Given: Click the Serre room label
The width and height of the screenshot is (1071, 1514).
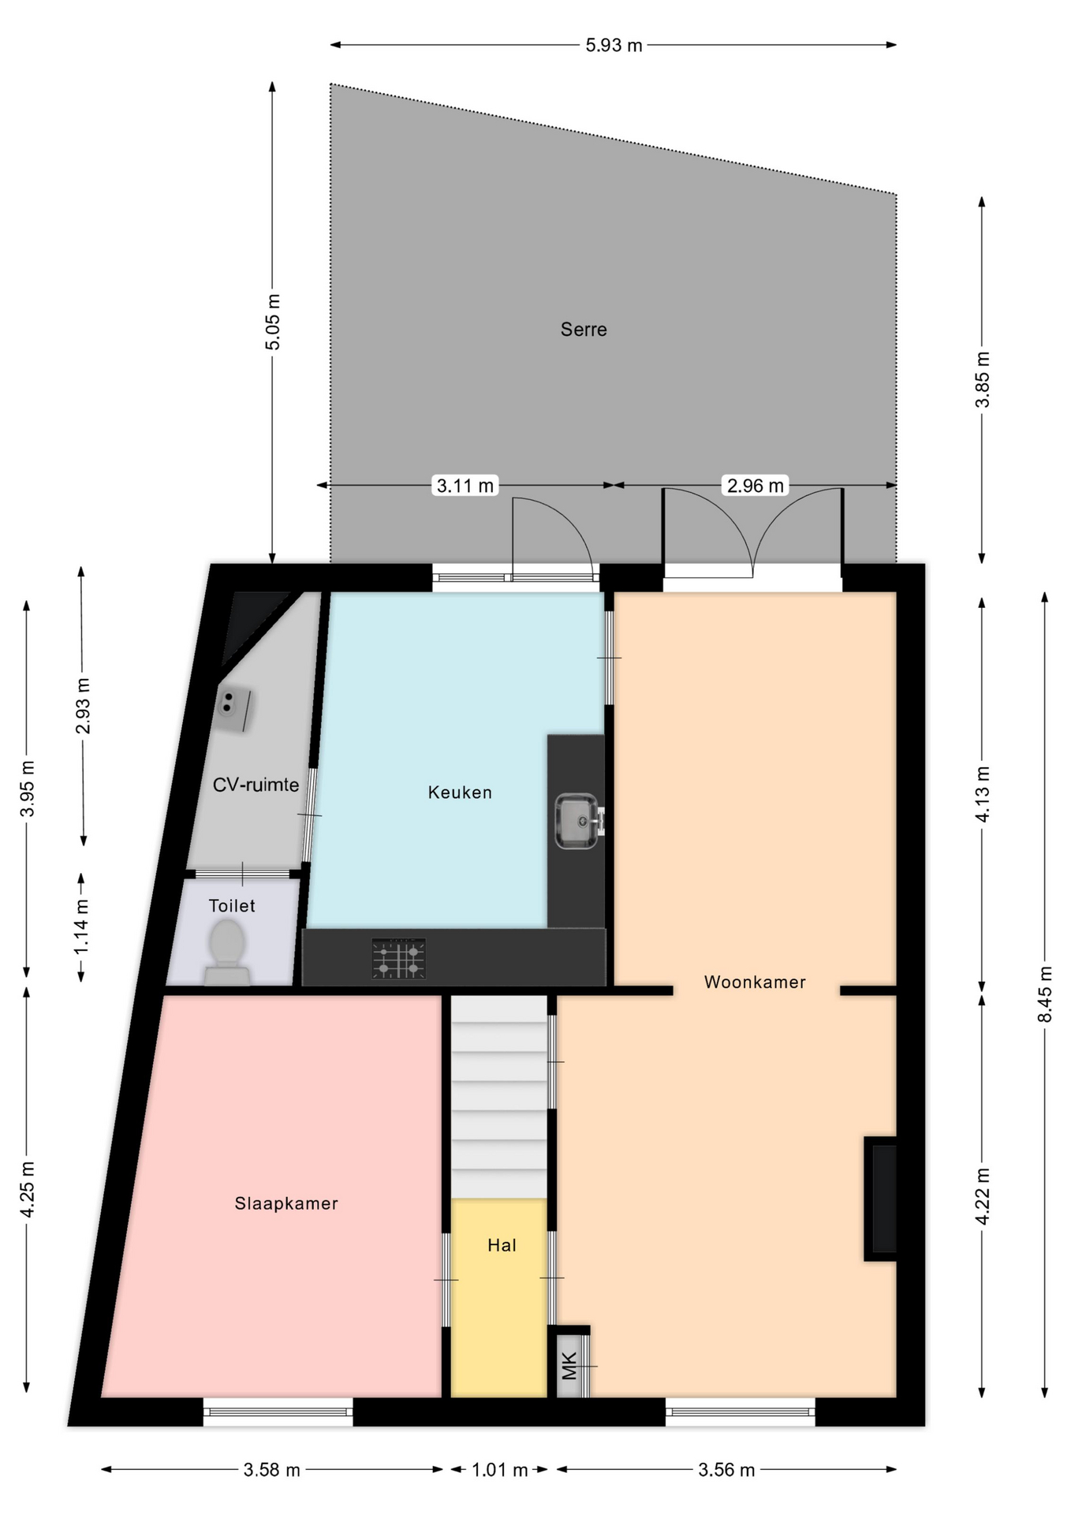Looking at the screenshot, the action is [584, 330].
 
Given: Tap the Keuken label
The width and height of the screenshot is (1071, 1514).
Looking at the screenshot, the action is [460, 792].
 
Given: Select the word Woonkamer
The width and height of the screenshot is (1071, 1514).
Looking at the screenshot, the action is [755, 982].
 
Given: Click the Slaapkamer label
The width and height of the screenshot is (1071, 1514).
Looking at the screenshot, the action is [286, 1203].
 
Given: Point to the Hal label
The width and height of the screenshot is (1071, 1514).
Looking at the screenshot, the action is [502, 1245].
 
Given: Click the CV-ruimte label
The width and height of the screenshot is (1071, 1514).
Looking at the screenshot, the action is [256, 785].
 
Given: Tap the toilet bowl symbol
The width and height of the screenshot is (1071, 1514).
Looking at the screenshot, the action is [227, 952].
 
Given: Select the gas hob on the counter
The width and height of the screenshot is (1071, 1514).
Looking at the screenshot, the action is [398, 959].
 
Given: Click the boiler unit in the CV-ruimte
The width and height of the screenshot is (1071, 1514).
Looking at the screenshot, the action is [233, 707].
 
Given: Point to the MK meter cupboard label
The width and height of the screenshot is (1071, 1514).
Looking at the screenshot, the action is [569, 1366].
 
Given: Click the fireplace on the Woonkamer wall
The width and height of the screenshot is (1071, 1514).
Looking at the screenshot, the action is [881, 1199].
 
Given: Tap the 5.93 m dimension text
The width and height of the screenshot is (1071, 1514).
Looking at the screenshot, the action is [614, 45].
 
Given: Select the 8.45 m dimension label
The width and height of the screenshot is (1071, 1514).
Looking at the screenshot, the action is [1045, 994].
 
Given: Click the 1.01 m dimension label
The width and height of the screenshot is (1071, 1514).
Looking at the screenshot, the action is [500, 1470].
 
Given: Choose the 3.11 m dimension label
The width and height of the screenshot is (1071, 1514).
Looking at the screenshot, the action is [465, 486].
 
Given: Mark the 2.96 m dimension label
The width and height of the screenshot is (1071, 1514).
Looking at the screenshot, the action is [756, 486].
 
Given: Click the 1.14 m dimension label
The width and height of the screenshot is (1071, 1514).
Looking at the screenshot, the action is [81, 927].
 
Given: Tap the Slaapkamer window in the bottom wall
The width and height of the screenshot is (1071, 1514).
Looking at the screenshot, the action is [278, 1411].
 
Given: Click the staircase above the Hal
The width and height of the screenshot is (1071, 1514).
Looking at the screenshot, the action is [499, 1097].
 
